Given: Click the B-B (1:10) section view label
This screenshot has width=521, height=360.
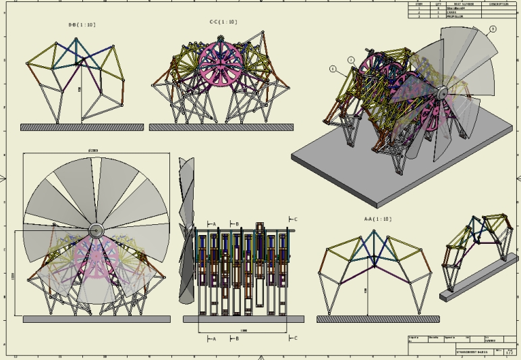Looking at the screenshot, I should tap(82, 25).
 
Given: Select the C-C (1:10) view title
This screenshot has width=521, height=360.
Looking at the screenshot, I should tap(223, 22).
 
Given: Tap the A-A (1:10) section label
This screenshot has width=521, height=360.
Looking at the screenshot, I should tap(378, 219).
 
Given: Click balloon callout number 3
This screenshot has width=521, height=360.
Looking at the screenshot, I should tap(492, 29).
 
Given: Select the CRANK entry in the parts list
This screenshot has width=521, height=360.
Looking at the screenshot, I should tap(452, 13).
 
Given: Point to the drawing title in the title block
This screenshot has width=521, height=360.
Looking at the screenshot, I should tap(470, 352).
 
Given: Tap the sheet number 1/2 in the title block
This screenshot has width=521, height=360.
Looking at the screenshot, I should tap(509, 352).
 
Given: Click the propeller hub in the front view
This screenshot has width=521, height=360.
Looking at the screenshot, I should tap(95, 230).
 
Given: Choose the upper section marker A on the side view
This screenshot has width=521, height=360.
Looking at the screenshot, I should tap(212, 224).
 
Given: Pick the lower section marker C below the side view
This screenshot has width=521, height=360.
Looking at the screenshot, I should tap(294, 337).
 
